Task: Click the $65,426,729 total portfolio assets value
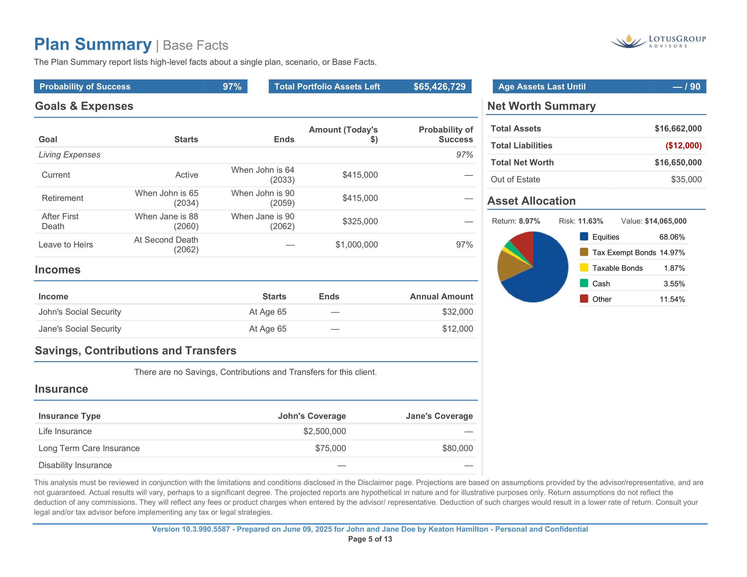point(439,87)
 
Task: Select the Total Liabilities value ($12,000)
point(683,146)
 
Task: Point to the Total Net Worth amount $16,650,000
point(678,163)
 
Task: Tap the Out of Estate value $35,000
point(686,180)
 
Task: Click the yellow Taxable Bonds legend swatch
point(584,268)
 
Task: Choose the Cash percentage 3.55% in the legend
point(674,284)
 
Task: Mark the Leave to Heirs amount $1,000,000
point(357,245)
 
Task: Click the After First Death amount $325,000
point(360,222)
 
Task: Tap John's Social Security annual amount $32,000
point(457,312)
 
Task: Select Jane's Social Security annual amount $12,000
point(457,329)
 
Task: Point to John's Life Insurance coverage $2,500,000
point(325,431)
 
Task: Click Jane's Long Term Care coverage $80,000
point(457,448)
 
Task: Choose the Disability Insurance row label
point(75,465)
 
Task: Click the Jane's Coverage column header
point(439,416)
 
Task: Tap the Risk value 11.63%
point(590,221)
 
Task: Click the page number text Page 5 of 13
point(370,539)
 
